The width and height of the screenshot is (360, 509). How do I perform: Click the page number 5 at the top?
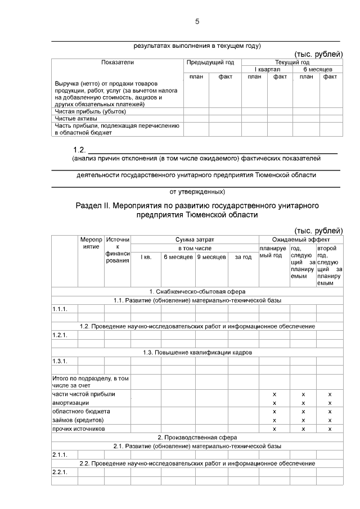[197, 22]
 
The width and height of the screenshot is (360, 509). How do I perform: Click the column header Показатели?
[118, 62]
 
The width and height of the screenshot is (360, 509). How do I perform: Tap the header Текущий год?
[291, 62]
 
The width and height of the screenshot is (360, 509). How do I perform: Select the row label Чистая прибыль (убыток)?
[82, 111]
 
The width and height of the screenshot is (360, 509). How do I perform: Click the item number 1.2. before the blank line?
[79, 150]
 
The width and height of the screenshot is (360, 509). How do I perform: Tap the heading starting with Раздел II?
[197, 210]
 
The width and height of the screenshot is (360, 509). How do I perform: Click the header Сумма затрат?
[195, 240]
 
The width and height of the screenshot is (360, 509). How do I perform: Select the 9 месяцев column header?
[211, 256]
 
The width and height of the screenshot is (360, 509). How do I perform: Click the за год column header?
[243, 256]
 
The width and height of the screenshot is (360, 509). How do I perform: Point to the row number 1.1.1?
[60, 309]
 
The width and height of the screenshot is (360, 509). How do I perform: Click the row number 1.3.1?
[60, 361]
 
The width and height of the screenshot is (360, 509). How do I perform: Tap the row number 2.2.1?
[60, 472]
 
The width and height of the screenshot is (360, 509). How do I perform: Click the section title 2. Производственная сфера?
[197, 437]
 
